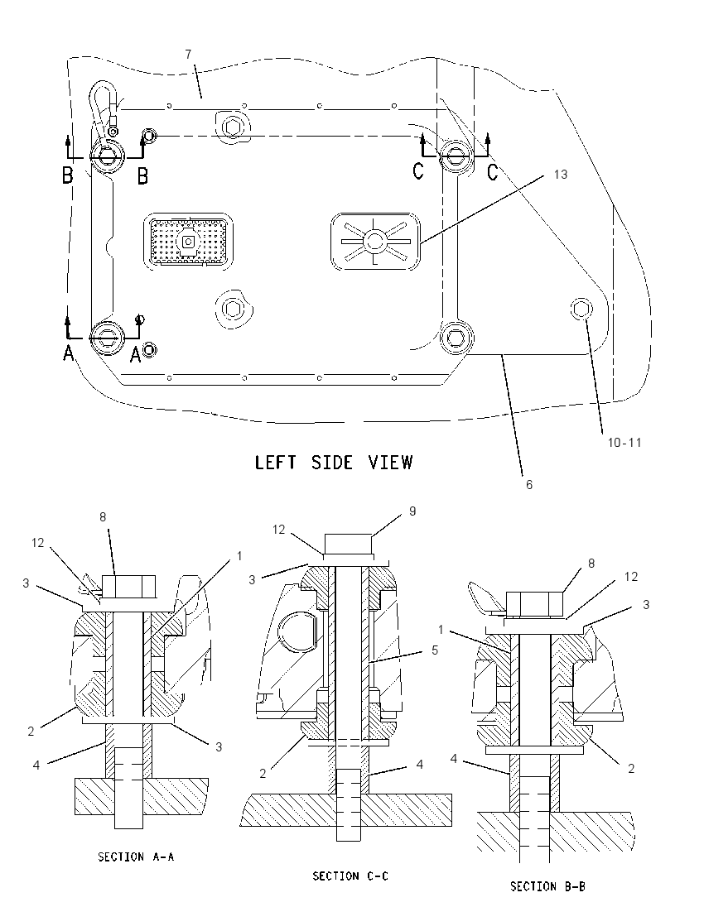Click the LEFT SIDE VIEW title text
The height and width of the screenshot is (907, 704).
334,462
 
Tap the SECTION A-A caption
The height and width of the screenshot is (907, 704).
136,857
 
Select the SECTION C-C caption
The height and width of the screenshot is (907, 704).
350,876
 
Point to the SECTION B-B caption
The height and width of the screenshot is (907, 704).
547,886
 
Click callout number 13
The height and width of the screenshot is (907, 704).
561,174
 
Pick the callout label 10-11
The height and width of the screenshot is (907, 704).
624,443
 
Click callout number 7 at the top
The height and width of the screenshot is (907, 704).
188,55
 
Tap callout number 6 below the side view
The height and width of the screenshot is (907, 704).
528,485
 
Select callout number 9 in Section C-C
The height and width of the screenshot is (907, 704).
412,511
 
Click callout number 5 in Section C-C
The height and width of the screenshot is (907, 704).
435,650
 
